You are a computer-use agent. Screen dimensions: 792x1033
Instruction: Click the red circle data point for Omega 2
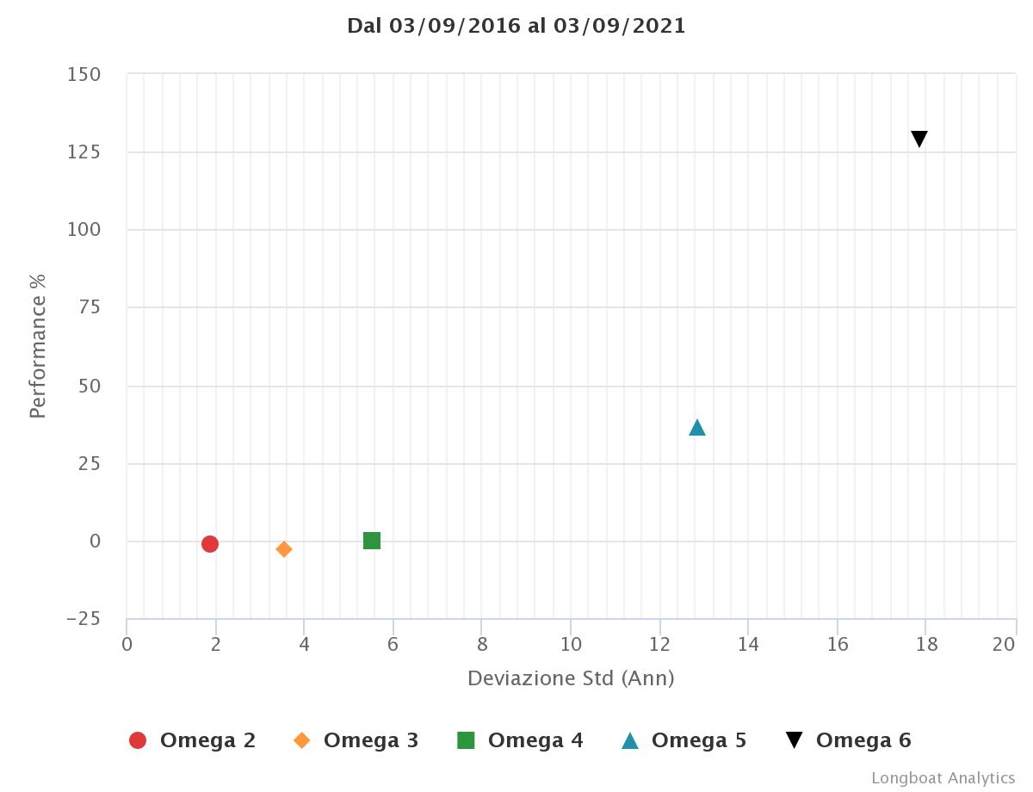pyautogui.click(x=209, y=543)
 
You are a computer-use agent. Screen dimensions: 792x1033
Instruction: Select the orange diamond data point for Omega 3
pyautogui.click(x=284, y=549)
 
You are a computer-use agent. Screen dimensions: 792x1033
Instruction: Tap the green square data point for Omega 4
pyautogui.click(x=372, y=541)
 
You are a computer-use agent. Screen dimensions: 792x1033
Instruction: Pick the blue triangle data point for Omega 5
pyautogui.click(x=697, y=428)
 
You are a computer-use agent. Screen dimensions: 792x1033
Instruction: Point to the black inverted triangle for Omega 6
pyautogui.click(x=919, y=139)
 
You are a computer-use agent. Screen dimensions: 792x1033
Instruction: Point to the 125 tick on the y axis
pyautogui.click(x=84, y=152)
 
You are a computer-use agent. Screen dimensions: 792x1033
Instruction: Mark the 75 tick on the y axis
pyautogui.click(x=90, y=308)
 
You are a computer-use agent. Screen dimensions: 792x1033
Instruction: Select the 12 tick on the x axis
pyautogui.click(x=659, y=645)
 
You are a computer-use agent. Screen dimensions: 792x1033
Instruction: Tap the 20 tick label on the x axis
pyautogui.click(x=1005, y=645)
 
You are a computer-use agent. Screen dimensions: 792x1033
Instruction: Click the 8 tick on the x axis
pyautogui.click(x=482, y=645)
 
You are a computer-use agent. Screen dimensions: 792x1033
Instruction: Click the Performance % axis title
pyautogui.click(x=37, y=346)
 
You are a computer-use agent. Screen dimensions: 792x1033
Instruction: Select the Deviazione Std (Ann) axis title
pyautogui.click(x=571, y=678)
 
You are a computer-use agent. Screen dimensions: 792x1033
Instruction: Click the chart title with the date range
pyautogui.click(x=516, y=26)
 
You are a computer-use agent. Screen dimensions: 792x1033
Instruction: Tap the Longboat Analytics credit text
pyautogui.click(x=943, y=778)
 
